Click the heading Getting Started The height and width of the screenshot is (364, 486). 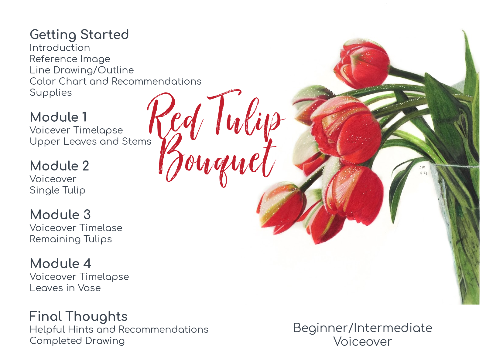tap(79, 35)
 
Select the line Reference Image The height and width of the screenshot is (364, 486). tap(70, 59)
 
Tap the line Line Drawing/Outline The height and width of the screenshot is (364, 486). tap(82, 70)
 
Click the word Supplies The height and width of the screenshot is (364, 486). tap(51, 93)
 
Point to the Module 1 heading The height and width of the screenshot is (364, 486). tap(58, 117)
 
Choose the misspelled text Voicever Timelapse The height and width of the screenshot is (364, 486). tap(76, 130)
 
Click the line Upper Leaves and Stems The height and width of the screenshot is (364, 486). tap(90, 142)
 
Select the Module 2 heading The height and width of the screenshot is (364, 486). tap(59, 166)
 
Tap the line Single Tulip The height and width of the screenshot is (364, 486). tap(57, 190)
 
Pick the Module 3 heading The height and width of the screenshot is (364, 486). tap(60, 214)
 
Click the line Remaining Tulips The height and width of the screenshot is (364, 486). tap(71, 239)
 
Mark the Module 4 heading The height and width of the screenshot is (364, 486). tap(60, 263)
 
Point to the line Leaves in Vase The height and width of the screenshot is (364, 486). tap(65, 288)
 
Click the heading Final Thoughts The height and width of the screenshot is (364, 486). tap(78, 316)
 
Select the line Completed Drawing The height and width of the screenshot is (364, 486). tap(77, 341)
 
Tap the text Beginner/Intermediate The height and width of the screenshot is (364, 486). tap(363, 328)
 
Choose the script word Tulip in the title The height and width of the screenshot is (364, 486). tap(246, 115)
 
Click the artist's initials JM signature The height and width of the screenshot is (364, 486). tap(423, 170)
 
